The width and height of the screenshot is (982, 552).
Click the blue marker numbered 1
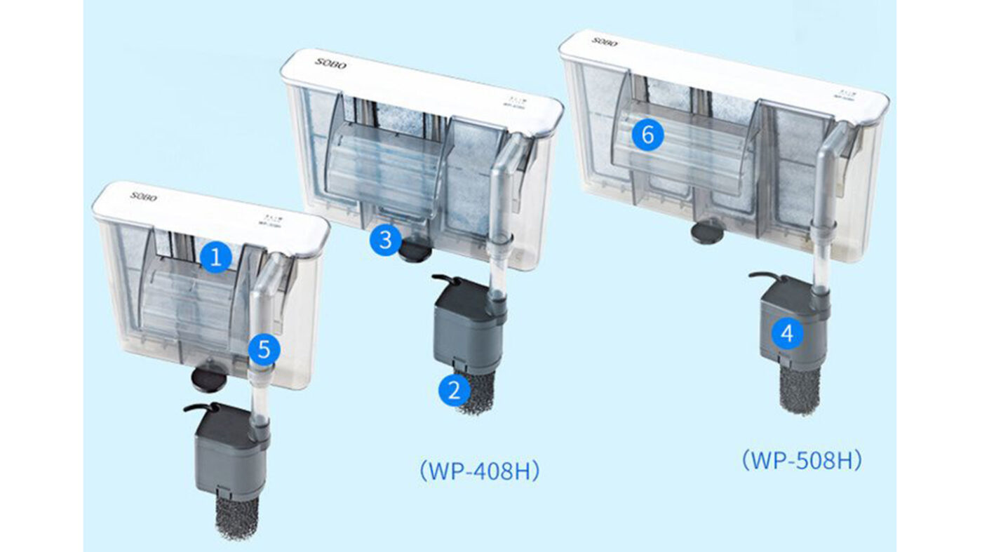(x=216, y=258)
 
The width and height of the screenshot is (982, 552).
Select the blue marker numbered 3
(x=385, y=241)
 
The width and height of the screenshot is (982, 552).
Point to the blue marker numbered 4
(x=788, y=334)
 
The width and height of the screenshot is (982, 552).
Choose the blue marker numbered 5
(x=264, y=349)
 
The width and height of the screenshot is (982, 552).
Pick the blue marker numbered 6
(x=647, y=135)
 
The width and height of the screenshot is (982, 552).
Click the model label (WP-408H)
(x=480, y=471)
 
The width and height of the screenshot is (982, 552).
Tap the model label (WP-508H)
(x=801, y=461)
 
